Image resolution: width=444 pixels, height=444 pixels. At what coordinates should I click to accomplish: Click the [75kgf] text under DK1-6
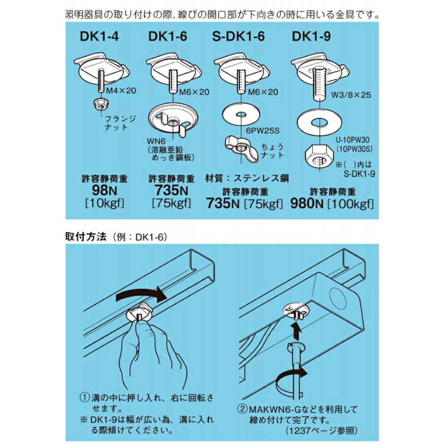click(x=171, y=203)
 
